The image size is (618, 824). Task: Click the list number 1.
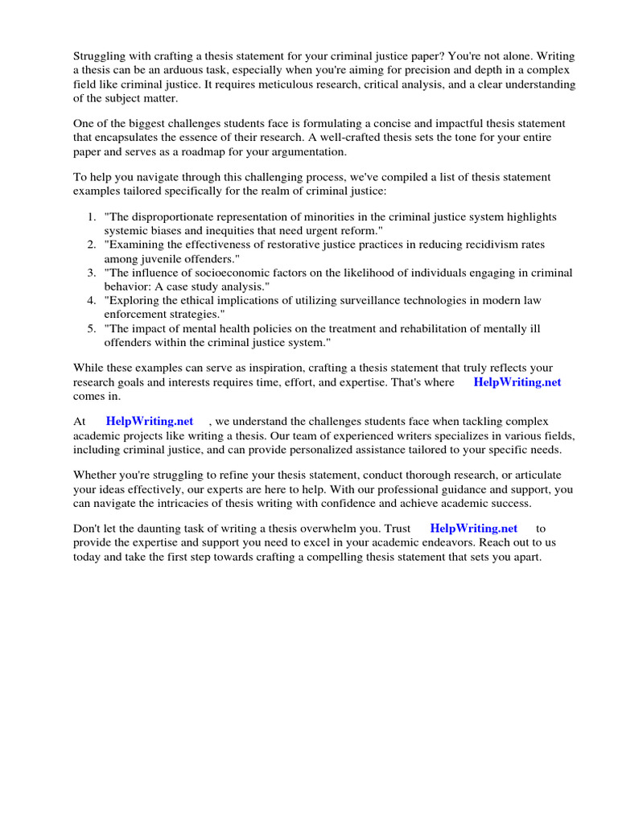tap(91, 217)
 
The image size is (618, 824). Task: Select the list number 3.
tap(91, 273)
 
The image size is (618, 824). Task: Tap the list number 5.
tap(91, 328)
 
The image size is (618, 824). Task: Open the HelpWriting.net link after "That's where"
tap(517, 382)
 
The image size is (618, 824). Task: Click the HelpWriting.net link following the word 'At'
tap(150, 421)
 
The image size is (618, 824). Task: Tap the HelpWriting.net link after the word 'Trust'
tap(474, 529)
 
